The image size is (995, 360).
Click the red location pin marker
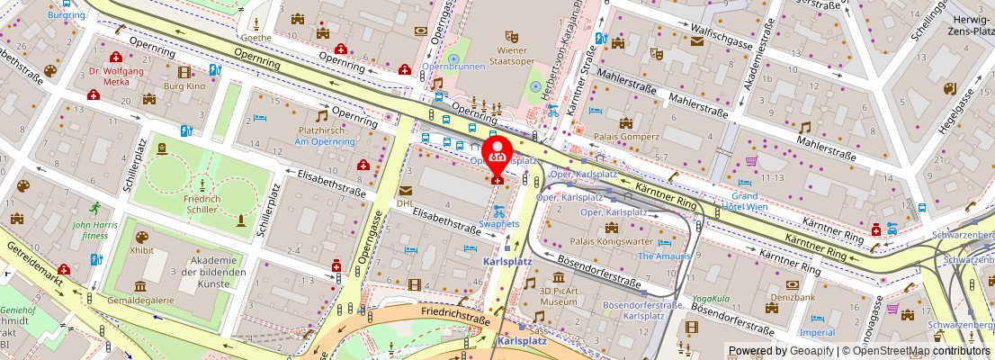pyautogui.click(x=497, y=152)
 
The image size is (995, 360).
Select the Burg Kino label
pyautogui.click(x=184, y=86)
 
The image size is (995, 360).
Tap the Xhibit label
pyautogui.click(x=141, y=251)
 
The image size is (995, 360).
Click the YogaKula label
pyautogui.click(x=711, y=299)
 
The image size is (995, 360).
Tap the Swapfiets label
pyautogui.click(x=498, y=223)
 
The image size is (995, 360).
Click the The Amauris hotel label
pyautogui.click(x=665, y=256)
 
